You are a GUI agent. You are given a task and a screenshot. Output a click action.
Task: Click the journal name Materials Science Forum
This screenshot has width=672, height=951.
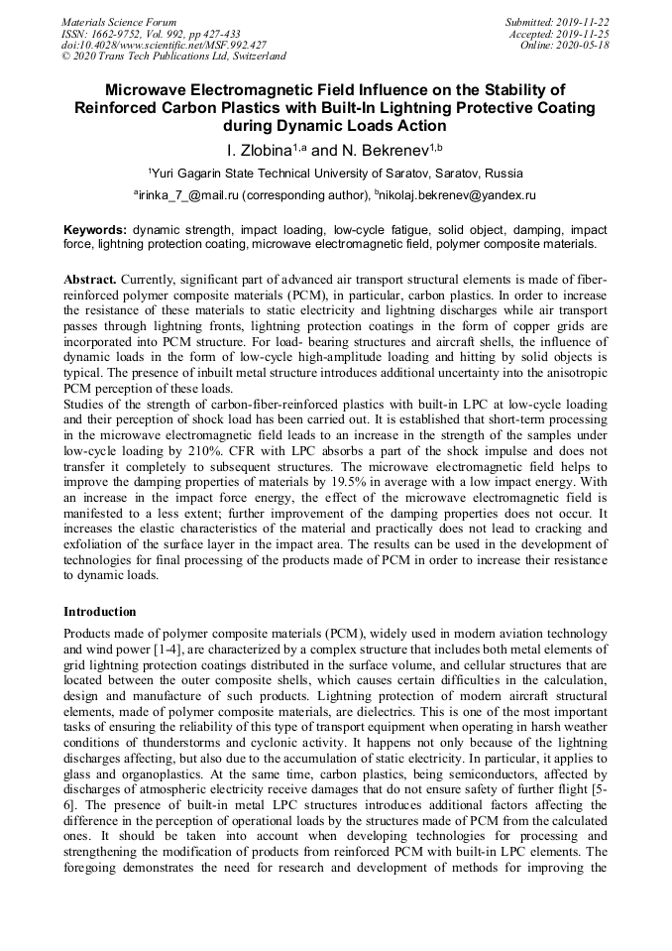(x=119, y=22)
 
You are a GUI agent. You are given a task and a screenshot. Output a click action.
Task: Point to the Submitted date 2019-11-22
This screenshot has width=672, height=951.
(x=585, y=22)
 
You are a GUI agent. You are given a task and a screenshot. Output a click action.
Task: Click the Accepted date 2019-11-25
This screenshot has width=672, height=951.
(x=585, y=34)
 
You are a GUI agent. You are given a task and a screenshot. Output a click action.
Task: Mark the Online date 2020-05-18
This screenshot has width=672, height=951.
(x=585, y=45)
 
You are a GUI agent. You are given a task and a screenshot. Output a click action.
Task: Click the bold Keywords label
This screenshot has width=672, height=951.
(x=95, y=228)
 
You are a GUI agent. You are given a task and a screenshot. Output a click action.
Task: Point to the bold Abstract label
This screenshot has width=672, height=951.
(x=89, y=280)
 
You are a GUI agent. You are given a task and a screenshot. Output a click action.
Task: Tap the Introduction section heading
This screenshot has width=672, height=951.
(x=100, y=612)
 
